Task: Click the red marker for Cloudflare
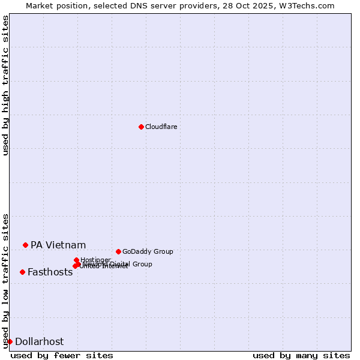(141, 127)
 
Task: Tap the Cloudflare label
(161, 127)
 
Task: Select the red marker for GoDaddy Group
(118, 251)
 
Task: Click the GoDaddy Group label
(148, 251)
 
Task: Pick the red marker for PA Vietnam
(25, 245)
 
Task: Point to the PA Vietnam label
(58, 245)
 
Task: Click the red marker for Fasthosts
(22, 272)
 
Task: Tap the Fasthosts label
(50, 272)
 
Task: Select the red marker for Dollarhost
(10, 341)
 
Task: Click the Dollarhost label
(39, 341)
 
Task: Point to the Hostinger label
(95, 260)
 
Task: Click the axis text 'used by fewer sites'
(62, 355)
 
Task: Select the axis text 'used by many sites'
(301, 355)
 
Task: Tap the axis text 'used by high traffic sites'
(5, 85)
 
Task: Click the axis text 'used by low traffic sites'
(5, 281)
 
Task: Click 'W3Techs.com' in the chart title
(309, 5)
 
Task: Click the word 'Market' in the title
(40, 5)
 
